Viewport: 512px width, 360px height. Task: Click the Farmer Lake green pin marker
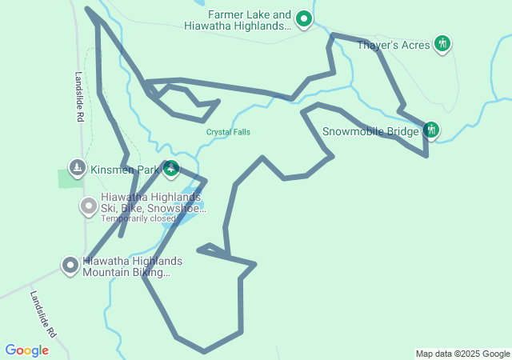tap(304, 18)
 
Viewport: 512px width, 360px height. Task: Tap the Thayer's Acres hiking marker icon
tap(442, 43)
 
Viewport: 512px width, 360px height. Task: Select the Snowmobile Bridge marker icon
tap(431, 130)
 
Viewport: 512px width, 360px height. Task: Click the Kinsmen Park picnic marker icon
tap(171, 169)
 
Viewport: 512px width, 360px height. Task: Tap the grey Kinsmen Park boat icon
tap(77, 168)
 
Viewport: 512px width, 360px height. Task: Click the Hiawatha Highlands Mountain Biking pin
tap(70, 265)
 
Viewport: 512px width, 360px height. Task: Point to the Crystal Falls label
tap(229, 132)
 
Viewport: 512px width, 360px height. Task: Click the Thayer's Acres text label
tap(394, 45)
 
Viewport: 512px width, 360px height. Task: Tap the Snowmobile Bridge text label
tap(370, 131)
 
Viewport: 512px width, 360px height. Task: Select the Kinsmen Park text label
tap(125, 170)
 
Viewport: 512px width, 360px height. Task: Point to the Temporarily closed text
tap(138, 218)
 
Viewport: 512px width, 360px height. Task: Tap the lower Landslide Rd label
tap(45, 312)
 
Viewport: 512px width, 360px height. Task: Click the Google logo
tap(26, 350)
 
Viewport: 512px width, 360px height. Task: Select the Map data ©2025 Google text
tap(462, 354)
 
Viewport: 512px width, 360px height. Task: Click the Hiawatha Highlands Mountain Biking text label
tap(132, 267)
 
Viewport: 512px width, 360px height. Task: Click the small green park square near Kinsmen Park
tap(69, 178)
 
